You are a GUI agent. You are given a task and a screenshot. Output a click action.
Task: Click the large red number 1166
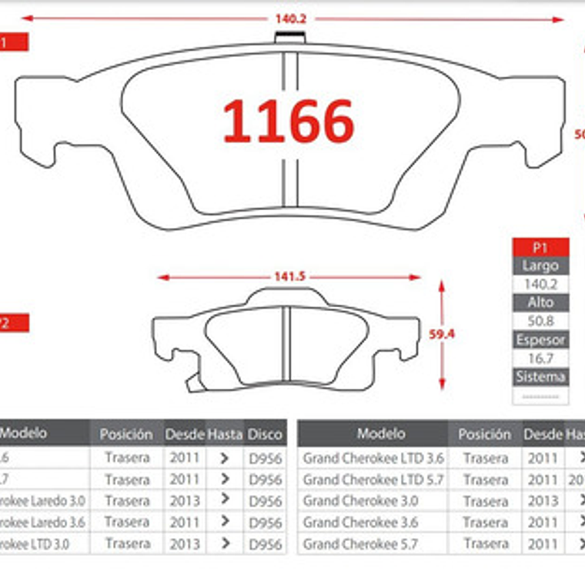point(288,122)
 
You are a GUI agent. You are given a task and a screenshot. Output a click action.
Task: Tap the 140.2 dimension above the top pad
point(291,19)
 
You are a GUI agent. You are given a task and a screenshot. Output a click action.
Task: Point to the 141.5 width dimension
point(289,276)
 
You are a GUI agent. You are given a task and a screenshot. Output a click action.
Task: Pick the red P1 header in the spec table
point(540,248)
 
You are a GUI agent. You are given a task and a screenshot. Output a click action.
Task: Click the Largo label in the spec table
point(540,266)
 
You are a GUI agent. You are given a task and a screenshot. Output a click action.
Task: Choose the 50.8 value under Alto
point(540,321)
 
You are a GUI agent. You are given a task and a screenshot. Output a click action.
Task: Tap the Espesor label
point(540,339)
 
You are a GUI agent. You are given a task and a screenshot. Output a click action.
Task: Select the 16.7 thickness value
point(540,358)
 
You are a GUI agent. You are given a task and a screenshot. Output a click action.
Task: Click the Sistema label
point(540,376)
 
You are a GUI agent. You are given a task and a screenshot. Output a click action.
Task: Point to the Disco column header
point(265,434)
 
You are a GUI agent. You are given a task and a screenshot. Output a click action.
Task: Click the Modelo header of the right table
point(380,433)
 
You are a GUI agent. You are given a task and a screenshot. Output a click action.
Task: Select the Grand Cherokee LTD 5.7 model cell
point(373,480)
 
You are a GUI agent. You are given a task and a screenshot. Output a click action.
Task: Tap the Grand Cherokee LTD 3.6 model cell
point(373,458)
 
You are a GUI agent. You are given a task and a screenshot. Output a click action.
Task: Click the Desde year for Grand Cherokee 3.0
point(543,501)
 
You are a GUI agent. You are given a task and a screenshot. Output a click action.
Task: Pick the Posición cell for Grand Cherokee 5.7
point(486,544)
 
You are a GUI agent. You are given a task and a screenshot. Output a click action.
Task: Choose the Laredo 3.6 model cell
point(43,522)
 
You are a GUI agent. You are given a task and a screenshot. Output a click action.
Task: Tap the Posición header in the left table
point(126,434)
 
